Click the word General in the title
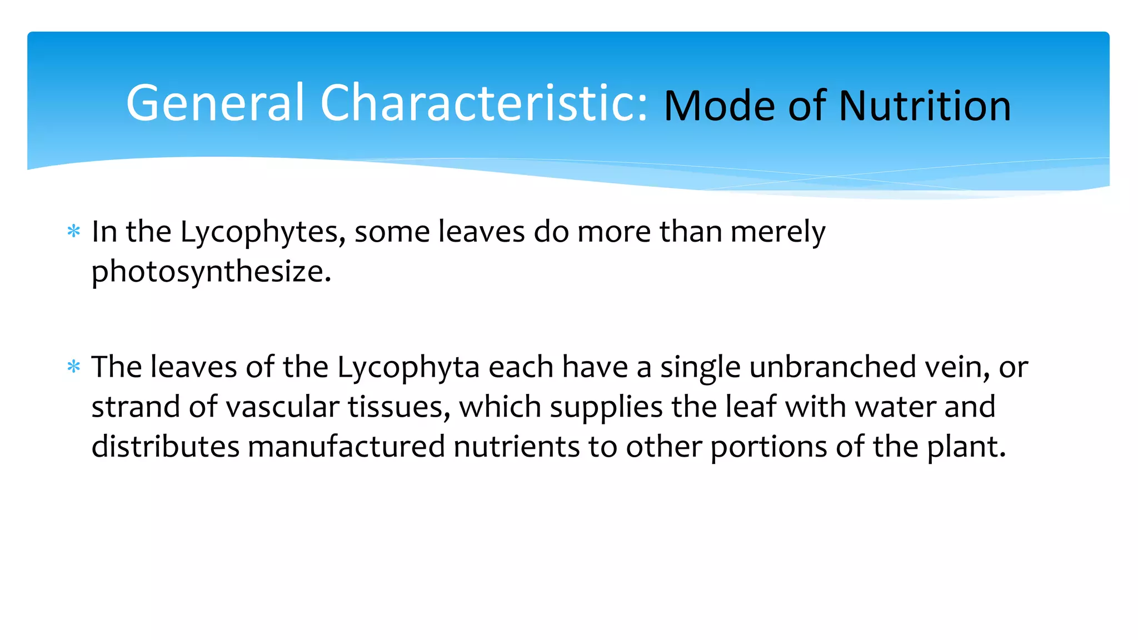(216, 103)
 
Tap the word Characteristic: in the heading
(484, 103)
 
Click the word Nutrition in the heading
(925, 106)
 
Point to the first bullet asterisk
(73, 231)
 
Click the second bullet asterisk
(73, 367)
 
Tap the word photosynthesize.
(211, 272)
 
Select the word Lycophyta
(408, 368)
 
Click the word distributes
(165, 447)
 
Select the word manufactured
(346, 447)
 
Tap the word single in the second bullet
(700, 368)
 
